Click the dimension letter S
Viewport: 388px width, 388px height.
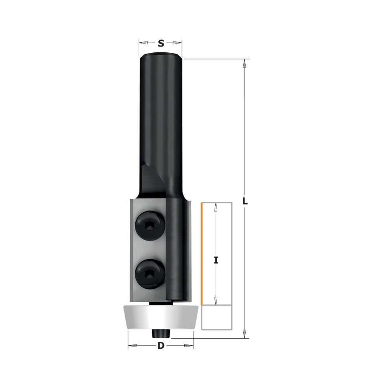[x=161, y=43]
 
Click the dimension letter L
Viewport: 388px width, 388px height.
[x=245, y=201]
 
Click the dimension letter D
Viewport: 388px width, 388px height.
[x=161, y=345]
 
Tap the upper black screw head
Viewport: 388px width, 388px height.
[x=151, y=225]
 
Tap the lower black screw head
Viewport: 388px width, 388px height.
[x=151, y=274]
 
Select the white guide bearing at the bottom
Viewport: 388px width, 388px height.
[x=161, y=317]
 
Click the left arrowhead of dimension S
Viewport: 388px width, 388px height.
[x=144, y=43]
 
